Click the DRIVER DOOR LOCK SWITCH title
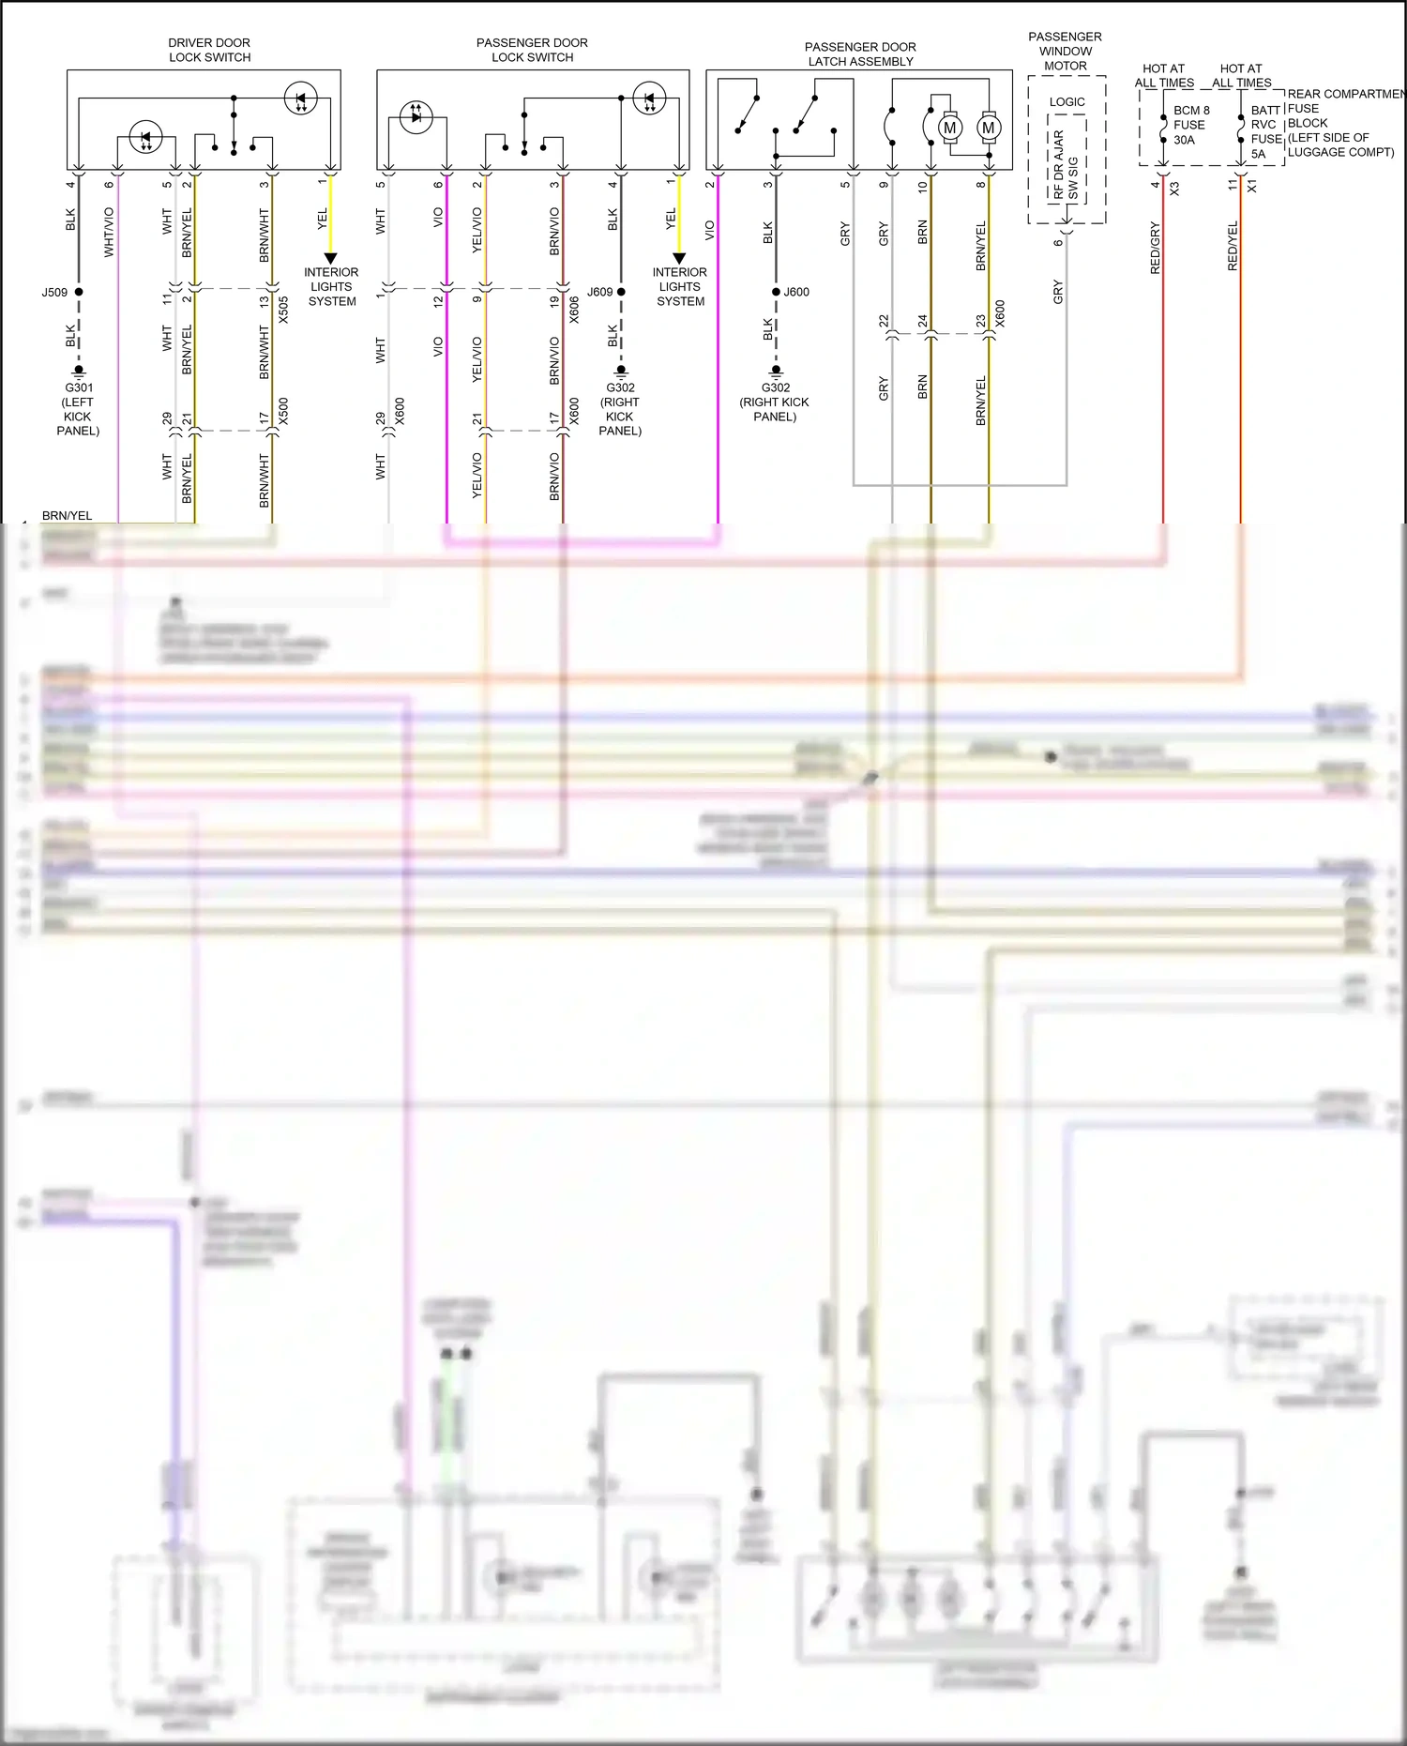209,50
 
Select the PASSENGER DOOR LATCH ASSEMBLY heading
860,54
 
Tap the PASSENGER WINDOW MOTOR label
1065,52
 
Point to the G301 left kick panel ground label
79,408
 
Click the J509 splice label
54,293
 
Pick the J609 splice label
599,292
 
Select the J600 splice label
796,292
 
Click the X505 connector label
283,310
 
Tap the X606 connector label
574,310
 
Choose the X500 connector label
283,411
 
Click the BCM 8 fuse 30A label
1190,125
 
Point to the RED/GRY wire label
1155,248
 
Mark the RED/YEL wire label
1233,246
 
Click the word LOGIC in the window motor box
1067,102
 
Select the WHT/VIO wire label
109,232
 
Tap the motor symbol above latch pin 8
988,128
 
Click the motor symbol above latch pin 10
949,128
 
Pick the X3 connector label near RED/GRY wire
1174,188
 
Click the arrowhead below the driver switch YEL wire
330,258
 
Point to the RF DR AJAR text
1058,164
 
